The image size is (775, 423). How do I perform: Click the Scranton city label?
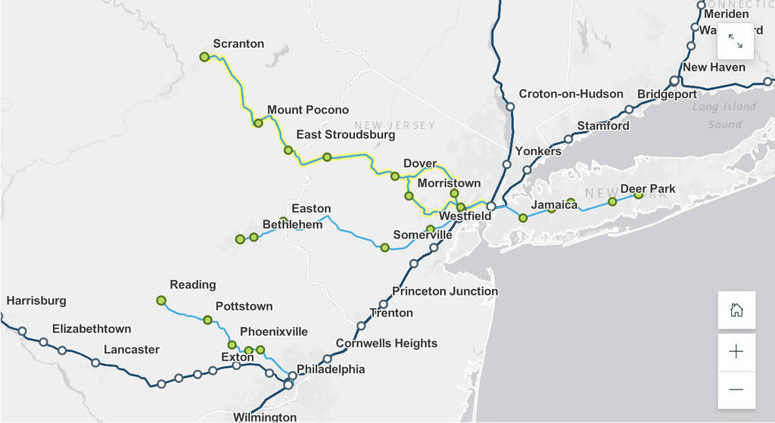click(238, 44)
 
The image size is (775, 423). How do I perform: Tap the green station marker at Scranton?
click(204, 57)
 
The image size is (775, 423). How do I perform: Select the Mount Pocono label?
click(308, 110)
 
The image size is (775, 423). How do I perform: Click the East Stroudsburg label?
click(345, 135)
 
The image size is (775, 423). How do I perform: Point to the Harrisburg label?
click(36, 301)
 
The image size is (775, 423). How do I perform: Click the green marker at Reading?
click(161, 300)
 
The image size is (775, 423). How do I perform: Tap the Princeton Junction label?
click(445, 291)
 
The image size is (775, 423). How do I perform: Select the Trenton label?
click(391, 313)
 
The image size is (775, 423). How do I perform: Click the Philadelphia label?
click(331, 370)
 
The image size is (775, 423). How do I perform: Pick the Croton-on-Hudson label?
click(571, 95)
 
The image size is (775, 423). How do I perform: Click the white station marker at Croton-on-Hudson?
click(510, 107)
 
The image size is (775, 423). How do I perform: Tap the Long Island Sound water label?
click(724, 115)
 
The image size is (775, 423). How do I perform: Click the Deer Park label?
click(648, 189)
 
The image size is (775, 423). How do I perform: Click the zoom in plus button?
click(736, 352)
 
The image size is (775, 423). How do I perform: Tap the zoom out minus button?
click(736, 390)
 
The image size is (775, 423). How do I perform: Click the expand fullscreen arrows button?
click(736, 41)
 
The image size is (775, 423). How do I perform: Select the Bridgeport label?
click(667, 95)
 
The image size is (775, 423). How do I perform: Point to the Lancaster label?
click(132, 350)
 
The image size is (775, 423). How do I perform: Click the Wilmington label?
click(265, 417)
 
